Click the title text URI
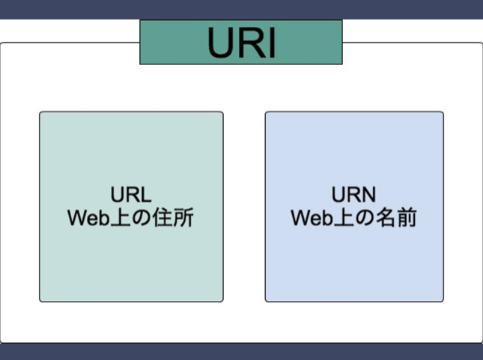pyautogui.click(x=241, y=43)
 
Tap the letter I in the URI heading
pyautogui.click(x=271, y=43)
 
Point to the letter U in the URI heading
pyautogui.click(x=220, y=43)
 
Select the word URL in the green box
pyautogui.click(x=131, y=195)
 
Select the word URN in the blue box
pyautogui.click(x=354, y=195)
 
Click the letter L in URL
pyautogui.click(x=146, y=195)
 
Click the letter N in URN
pyautogui.click(x=369, y=195)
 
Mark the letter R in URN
pyautogui.click(x=354, y=195)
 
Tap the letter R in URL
pyautogui.click(x=131, y=195)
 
